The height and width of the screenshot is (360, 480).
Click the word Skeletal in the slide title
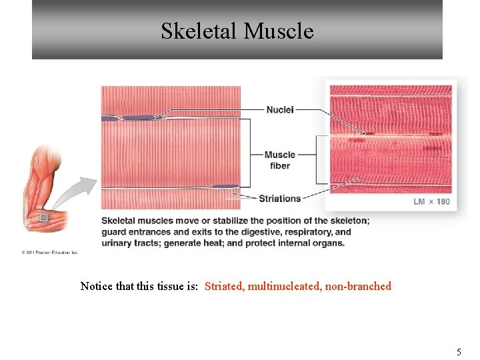pos(199,31)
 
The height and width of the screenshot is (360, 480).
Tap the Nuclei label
pos(280,109)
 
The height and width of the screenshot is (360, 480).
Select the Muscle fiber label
pos(279,160)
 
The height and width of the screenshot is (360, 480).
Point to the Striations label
pos(279,198)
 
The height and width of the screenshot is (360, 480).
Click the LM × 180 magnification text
pos(431,201)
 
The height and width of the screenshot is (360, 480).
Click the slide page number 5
pos(459,351)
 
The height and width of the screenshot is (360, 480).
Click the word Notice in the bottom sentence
pos(97,286)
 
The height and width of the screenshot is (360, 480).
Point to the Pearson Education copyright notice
pos(50,253)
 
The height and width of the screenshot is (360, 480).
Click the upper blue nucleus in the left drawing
pos(137,118)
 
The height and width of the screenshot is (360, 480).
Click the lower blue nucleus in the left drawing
pos(225,187)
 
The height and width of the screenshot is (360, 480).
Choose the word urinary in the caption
pos(117,243)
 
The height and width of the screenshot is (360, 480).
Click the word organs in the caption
pos(328,243)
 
